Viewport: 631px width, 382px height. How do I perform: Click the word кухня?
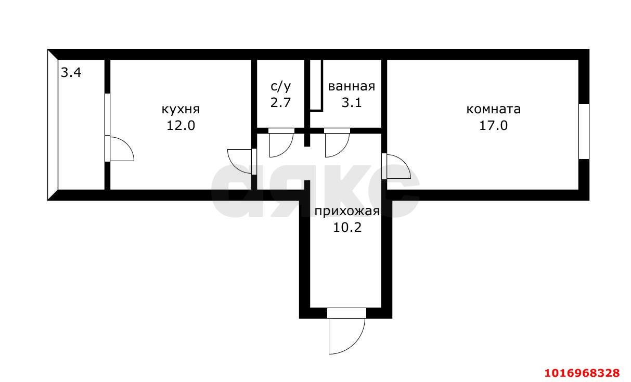pyautogui.click(x=181, y=110)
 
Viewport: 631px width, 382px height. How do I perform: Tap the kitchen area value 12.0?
pyautogui.click(x=181, y=125)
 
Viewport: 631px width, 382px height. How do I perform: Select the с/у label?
pyautogui.click(x=280, y=86)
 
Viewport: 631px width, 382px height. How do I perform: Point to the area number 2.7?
pyautogui.click(x=280, y=102)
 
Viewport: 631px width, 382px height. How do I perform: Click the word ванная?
pyautogui.click(x=351, y=86)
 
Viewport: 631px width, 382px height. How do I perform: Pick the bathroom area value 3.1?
pyautogui.click(x=351, y=102)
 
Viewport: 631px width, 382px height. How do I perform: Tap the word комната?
pyautogui.click(x=493, y=110)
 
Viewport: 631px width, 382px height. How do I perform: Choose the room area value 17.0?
pyautogui.click(x=493, y=125)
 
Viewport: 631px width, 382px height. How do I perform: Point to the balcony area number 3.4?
pyautogui.click(x=71, y=73)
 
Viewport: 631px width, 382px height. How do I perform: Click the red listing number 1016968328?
pyautogui.click(x=582, y=373)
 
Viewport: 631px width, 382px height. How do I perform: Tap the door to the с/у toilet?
pyautogui.click(x=281, y=141)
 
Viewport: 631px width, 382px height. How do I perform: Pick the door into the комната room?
pyautogui.click(x=396, y=166)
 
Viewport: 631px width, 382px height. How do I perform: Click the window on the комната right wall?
pyautogui.click(x=584, y=131)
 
